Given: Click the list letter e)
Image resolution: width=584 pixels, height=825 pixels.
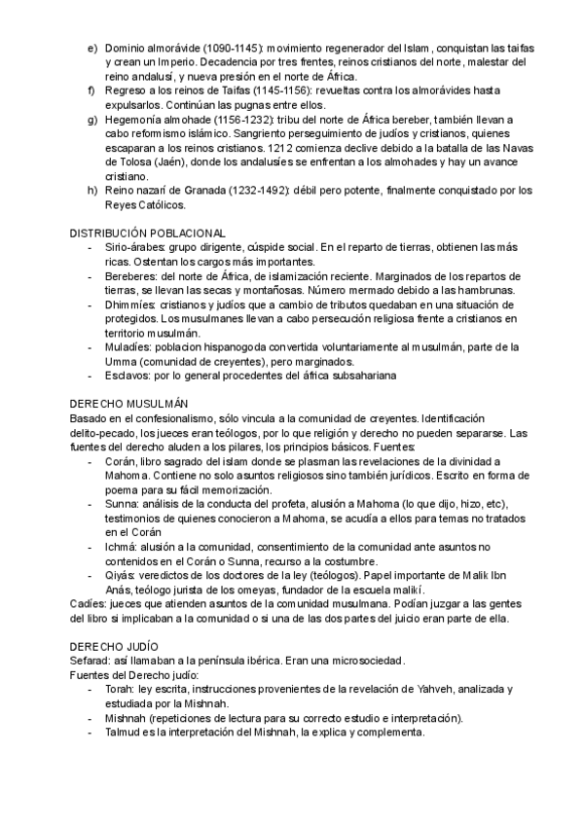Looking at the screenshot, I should [x=91, y=48].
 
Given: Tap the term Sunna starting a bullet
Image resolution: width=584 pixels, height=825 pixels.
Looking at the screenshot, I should [x=124, y=503].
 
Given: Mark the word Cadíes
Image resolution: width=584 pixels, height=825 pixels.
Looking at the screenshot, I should [x=85, y=605].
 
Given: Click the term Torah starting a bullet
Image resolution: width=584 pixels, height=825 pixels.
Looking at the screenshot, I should [x=122, y=689].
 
